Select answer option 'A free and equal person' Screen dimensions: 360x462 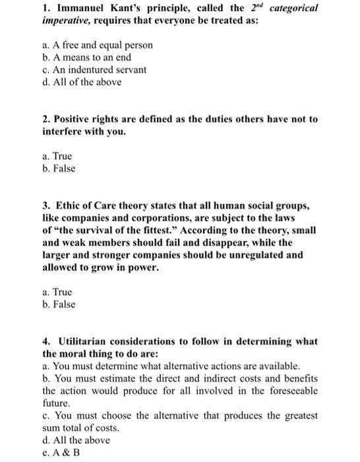[96, 45]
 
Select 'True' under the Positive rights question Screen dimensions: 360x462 [57, 156]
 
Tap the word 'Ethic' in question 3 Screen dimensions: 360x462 [72, 205]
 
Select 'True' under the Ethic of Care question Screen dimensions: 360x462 [57, 291]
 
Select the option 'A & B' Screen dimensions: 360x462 [61, 452]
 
